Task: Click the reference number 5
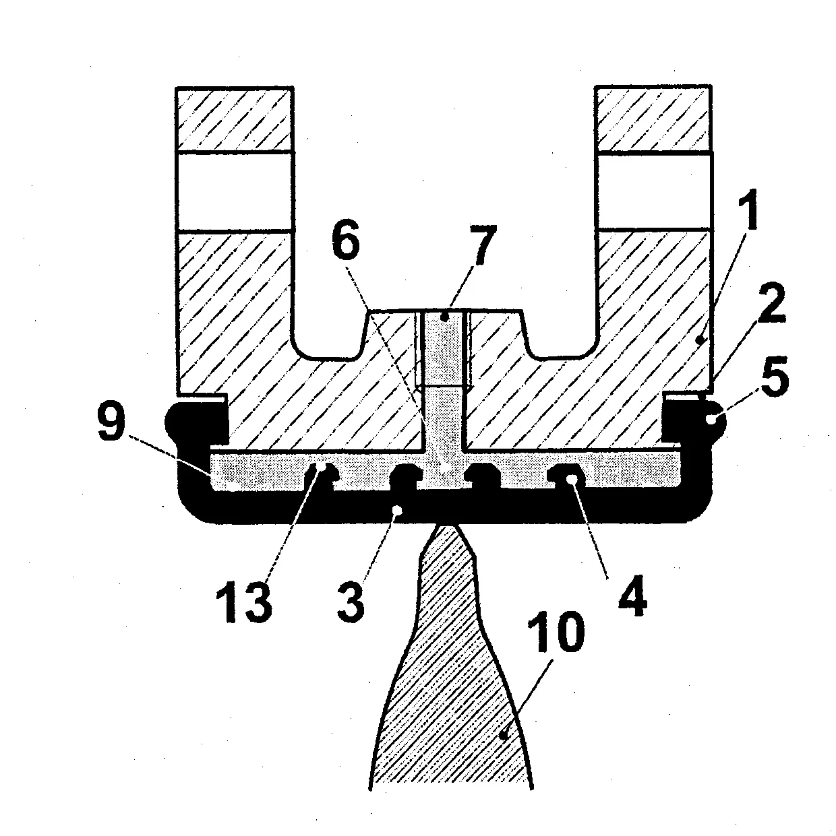775,376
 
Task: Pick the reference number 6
346,239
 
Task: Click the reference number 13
245,602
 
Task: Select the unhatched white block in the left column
234,191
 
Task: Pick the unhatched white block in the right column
655,191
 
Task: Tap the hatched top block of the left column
234,119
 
